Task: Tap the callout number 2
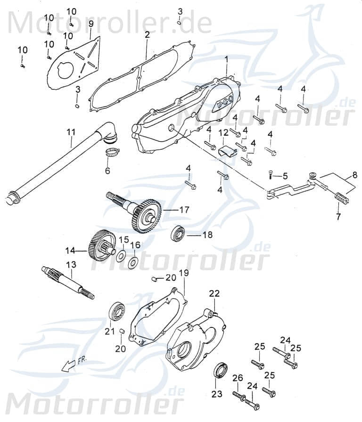147,35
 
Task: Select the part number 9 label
90,24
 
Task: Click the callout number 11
71,132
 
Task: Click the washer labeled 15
121,255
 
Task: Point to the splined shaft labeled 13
68,283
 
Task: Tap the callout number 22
214,293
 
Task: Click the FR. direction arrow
70,363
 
